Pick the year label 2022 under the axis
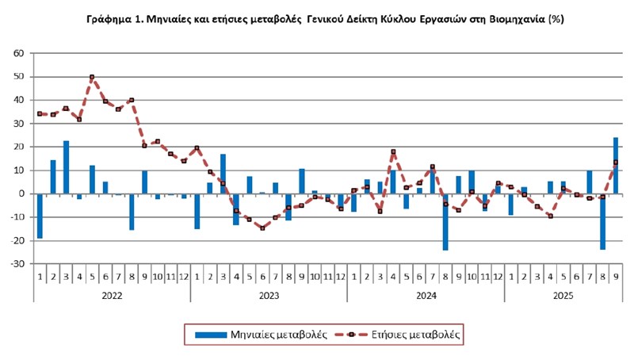pyautogui.click(x=111, y=293)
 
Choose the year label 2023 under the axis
pyautogui.click(x=269, y=293)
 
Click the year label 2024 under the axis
pyautogui.click(x=426, y=293)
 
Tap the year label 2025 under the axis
pyautogui.click(x=563, y=293)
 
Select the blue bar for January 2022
pyautogui.click(x=40, y=216)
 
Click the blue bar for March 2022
pyautogui.click(x=66, y=167)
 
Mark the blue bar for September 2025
pyautogui.click(x=616, y=166)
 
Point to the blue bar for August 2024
pyautogui.click(x=445, y=221)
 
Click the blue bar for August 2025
pyautogui.click(x=602, y=221)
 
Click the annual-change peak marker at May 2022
pyautogui.click(x=92, y=77)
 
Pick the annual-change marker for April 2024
pyautogui.click(x=393, y=151)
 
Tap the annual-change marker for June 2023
pyautogui.click(x=262, y=228)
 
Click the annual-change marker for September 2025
pyautogui.click(x=616, y=163)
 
